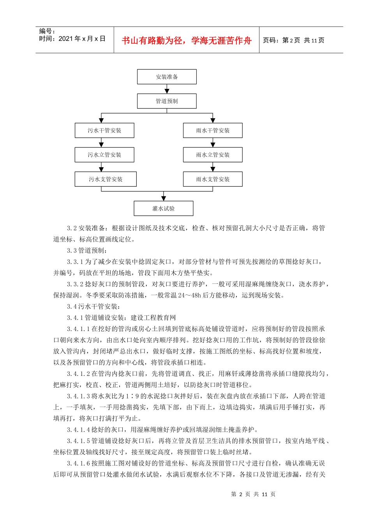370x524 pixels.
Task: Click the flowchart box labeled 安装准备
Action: [x=167, y=77]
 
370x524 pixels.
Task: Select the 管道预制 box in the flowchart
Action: [x=167, y=101]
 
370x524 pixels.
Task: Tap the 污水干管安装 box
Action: [x=104, y=130]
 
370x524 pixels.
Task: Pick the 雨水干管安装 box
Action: [x=213, y=130]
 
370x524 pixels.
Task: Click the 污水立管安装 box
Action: [x=104, y=155]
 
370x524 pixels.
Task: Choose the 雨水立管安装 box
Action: [x=213, y=155]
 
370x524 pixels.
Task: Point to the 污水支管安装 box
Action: [x=106, y=179]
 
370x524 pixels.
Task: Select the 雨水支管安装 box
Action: [x=213, y=179]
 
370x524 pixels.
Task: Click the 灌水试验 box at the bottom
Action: [x=164, y=208]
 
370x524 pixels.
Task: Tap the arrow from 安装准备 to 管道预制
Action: [x=167, y=89]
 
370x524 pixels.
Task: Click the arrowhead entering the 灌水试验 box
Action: [x=164, y=198]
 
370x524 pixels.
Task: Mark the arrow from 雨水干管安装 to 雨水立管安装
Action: [x=213, y=143]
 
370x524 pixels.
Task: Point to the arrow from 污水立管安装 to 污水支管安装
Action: [x=101, y=167]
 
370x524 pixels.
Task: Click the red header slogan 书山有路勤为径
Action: [x=152, y=41]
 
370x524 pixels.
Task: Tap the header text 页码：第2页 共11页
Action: [x=294, y=40]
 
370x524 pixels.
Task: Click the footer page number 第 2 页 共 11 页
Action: [x=253, y=494]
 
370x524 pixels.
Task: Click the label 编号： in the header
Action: [x=47, y=31]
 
